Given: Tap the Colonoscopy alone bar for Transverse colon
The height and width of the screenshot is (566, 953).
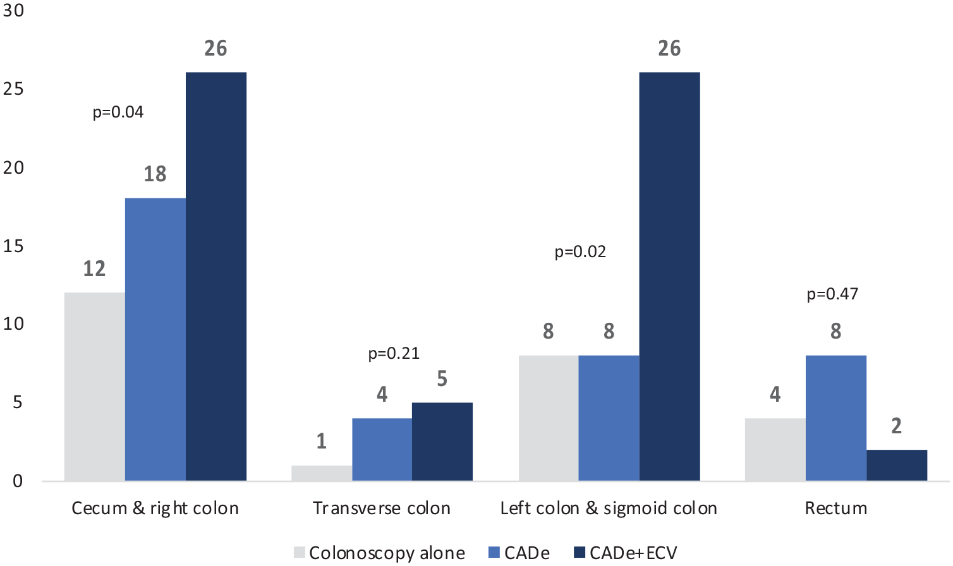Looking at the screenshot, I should pos(322,473).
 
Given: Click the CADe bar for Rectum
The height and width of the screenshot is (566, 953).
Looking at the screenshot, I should pos(836,418).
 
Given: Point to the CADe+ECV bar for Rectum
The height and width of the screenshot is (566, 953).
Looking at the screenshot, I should pos(897,466).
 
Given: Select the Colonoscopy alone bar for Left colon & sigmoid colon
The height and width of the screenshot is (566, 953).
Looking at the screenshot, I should pos(549,418).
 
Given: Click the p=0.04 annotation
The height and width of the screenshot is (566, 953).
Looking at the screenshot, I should pos(118,112).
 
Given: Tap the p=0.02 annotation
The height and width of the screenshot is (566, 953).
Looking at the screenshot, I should pos(580,252).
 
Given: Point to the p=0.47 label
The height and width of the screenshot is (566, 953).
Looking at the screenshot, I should pos(832,294).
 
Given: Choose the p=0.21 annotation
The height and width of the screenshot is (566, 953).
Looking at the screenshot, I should pos(394,354).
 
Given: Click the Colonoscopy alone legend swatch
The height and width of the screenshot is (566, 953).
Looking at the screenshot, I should pos(300,553).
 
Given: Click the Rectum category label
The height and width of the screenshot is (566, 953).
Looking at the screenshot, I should pos(835,509).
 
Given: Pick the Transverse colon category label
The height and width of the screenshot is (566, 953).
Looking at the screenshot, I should pos(382,509).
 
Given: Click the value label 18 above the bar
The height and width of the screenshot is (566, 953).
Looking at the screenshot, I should pos(155,174).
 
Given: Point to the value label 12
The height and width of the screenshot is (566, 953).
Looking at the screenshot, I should pos(95,269).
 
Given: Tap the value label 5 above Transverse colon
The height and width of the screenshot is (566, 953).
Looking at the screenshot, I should pos(442,379).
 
